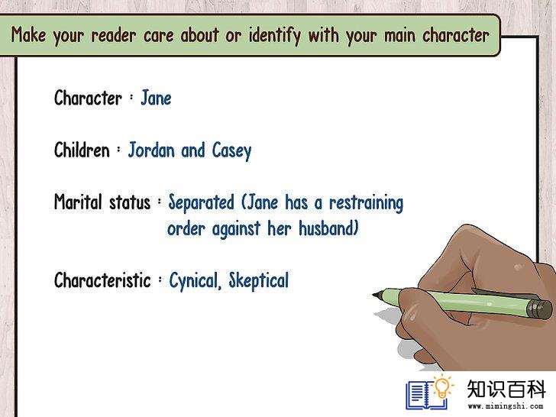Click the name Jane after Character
(156, 98)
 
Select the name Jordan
(152, 150)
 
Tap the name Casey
(232, 150)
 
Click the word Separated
(201, 203)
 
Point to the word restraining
(367, 203)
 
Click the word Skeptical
(258, 281)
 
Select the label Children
(82, 150)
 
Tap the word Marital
(78, 202)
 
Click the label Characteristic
(102, 280)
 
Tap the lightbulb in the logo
(442, 387)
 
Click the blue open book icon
(426, 395)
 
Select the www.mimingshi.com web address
(506, 406)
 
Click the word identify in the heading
(274, 35)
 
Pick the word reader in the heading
(114, 35)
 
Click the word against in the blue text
(236, 228)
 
